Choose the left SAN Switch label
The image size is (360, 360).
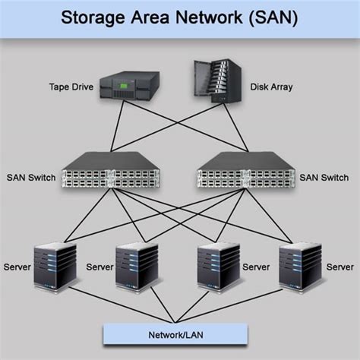point(30,177)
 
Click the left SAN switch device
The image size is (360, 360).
point(111,174)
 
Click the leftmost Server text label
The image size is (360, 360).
point(17,267)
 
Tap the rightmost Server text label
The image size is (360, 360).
point(339,267)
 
